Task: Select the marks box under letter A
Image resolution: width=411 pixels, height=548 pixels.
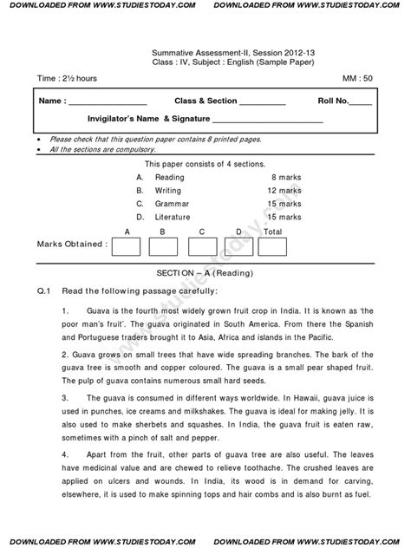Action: [127, 246]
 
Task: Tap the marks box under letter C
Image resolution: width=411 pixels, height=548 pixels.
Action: [201, 246]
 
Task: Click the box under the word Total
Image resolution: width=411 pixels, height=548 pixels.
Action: [273, 246]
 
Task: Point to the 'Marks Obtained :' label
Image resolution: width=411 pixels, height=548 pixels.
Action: [72, 245]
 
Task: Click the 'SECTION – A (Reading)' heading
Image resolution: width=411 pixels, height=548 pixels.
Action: [205, 272]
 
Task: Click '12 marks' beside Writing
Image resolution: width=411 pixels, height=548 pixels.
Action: [284, 189]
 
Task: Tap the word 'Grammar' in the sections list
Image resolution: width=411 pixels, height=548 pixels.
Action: [171, 203]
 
